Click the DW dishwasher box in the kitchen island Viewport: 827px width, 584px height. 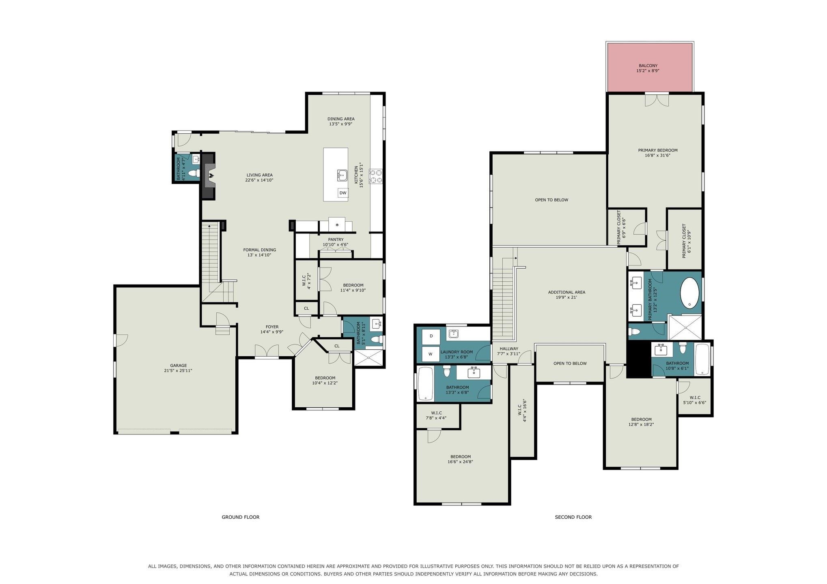click(x=343, y=193)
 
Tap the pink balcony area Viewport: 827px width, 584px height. click(x=649, y=67)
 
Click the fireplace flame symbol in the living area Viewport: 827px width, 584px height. click(x=211, y=175)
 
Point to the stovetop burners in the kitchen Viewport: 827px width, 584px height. click(x=376, y=177)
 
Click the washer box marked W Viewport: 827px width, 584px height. click(x=430, y=354)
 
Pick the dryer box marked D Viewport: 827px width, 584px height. click(x=431, y=336)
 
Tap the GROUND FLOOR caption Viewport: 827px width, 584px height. click(x=240, y=517)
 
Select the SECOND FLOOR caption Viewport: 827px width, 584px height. click(x=573, y=517)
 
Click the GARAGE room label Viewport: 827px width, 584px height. click(x=178, y=366)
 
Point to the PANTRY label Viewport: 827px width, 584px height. click(x=336, y=240)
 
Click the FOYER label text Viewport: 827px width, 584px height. click(x=272, y=327)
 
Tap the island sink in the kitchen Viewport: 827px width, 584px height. click(x=342, y=175)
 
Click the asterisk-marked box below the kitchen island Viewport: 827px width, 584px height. click(x=337, y=225)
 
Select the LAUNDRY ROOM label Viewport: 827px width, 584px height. click(x=457, y=352)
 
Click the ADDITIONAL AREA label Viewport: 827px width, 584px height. click(x=566, y=292)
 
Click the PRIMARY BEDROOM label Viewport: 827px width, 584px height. click(x=657, y=150)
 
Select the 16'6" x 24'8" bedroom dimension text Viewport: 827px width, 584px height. click(x=460, y=462)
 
